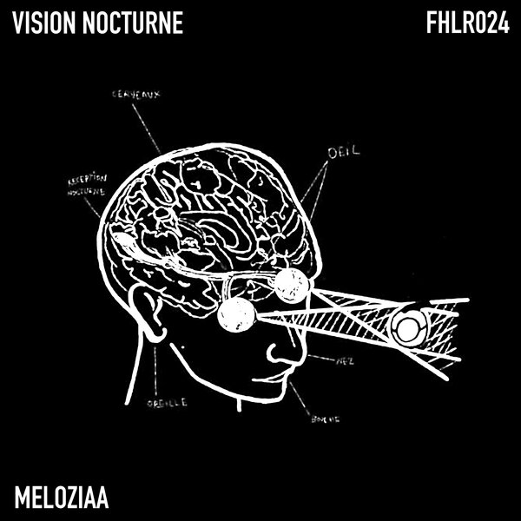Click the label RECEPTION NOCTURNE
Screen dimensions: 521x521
[x=84, y=186]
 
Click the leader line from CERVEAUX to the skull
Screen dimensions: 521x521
[x=148, y=126]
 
